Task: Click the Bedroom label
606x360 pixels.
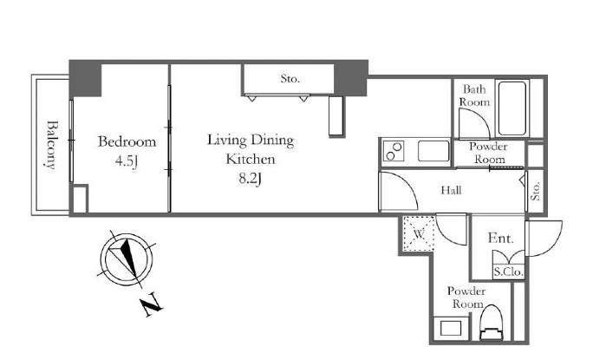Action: pyautogui.click(x=127, y=141)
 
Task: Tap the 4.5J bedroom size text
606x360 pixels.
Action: pyautogui.click(x=127, y=160)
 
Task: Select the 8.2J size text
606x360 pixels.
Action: pyautogui.click(x=250, y=178)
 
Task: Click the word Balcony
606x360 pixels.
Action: pyautogui.click(x=50, y=145)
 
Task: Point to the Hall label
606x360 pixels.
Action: pyautogui.click(x=451, y=190)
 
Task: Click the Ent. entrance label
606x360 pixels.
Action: pyautogui.click(x=501, y=238)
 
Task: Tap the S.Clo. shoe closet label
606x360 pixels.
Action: pyautogui.click(x=509, y=272)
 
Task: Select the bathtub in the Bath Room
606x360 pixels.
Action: pyautogui.click(x=512, y=108)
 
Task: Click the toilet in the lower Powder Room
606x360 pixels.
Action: pyautogui.click(x=491, y=323)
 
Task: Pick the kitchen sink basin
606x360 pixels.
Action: pyautogui.click(x=433, y=151)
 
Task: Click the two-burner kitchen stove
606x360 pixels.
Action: pyautogui.click(x=393, y=151)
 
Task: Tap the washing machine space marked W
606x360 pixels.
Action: pyautogui.click(x=419, y=234)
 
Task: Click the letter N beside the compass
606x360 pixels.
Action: pyautogui.click(x=152, y=304)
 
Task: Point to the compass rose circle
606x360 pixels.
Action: pyautogui.click(x=126, y=259)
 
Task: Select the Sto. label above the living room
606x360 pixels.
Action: pyautogui.click(x=290, y=79)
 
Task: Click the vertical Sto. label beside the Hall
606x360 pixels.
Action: pyautogui.click(x=536, y=191)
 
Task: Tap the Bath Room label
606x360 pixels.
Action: pyautogui.click(x=474, y=96)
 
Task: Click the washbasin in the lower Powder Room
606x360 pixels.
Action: pyautogui.click(x=451, y=329)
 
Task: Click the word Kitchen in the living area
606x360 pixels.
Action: pyautogui.click(x=250, y=159)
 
